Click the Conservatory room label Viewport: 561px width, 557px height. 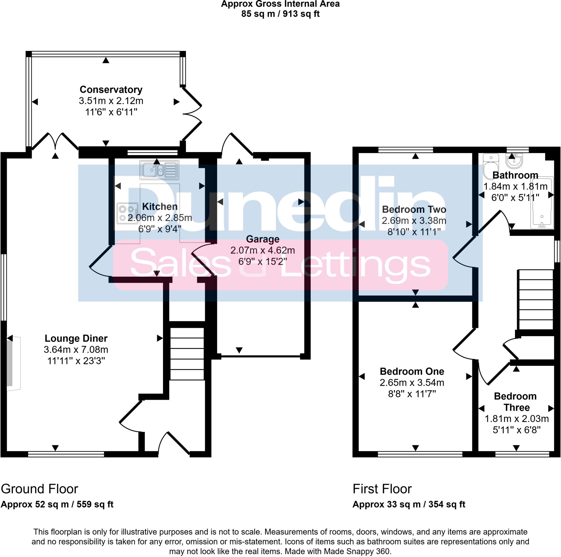point(111,89)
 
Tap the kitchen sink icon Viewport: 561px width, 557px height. point(159,170)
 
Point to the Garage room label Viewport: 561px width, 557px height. point(262,239)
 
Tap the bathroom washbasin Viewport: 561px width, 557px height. point(514,161)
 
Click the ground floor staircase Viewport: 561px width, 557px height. point(187,353)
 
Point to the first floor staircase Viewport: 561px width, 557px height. point(536,299)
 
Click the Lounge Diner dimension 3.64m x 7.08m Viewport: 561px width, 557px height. point(76,349)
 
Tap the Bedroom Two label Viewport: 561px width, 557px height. point(414,209)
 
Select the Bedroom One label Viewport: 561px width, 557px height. point(412,371)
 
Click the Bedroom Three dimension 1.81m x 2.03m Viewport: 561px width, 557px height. point(517,418)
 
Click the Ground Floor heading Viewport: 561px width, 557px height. point(39,489)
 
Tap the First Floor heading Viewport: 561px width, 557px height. point(382,489)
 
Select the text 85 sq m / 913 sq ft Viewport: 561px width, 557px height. point(280,14)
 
